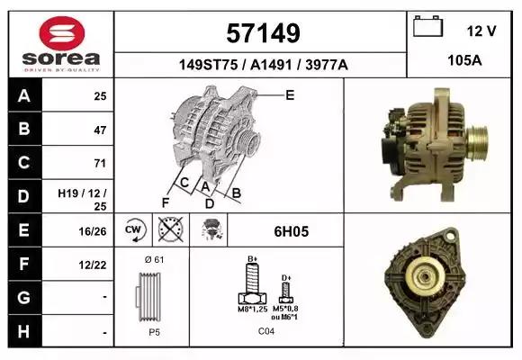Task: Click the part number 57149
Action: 261,33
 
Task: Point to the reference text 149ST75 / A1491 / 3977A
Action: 261,65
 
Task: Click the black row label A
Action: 22,96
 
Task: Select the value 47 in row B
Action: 100,130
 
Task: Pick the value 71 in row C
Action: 100,164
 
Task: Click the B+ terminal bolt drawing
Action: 253,288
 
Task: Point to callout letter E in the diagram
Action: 290,94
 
